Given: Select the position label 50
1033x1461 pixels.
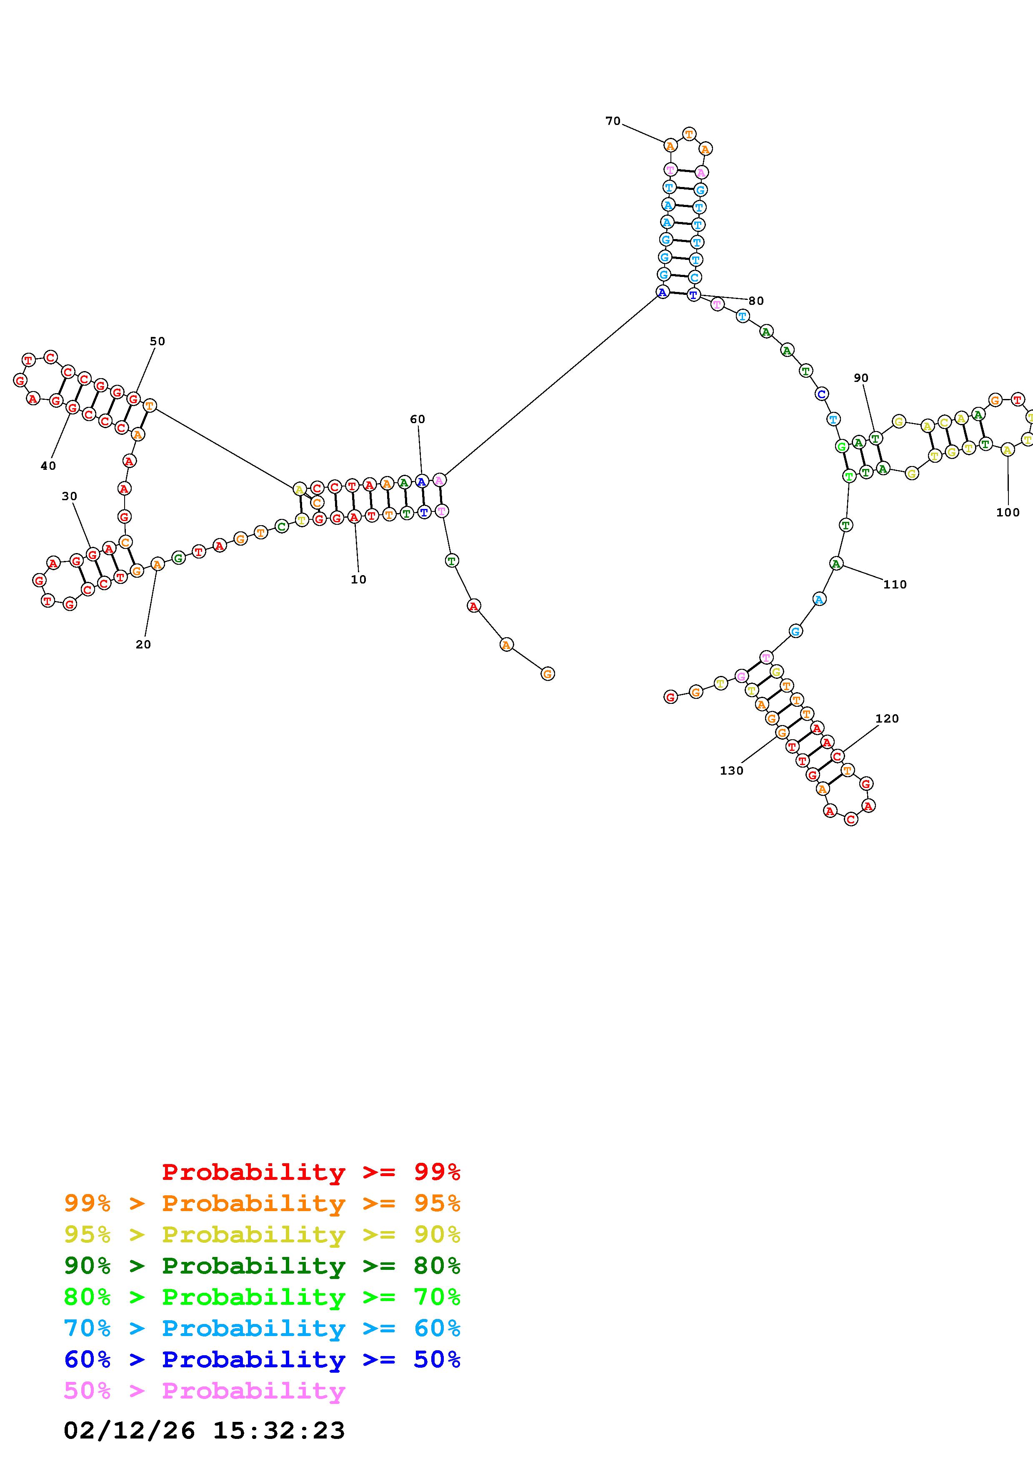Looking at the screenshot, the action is [x=157, y=341].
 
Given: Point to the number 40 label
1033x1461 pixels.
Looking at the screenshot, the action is [x=48, y=466].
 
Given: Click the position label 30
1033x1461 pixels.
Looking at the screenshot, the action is [x=69, y=496].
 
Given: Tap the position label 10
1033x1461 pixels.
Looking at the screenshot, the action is [x=358, y=579].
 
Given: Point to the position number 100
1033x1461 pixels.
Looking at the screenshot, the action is [x=1008, y=512].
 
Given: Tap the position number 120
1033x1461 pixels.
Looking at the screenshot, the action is [x=887, y=718].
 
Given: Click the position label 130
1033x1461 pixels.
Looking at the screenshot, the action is [x=731, y=770].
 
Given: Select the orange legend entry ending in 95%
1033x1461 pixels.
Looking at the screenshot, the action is [x=262, y=1203].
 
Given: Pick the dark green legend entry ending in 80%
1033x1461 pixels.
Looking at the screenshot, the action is [x=262, y=1266].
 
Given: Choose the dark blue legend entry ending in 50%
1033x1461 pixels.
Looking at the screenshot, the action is [x=262, y=1359].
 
